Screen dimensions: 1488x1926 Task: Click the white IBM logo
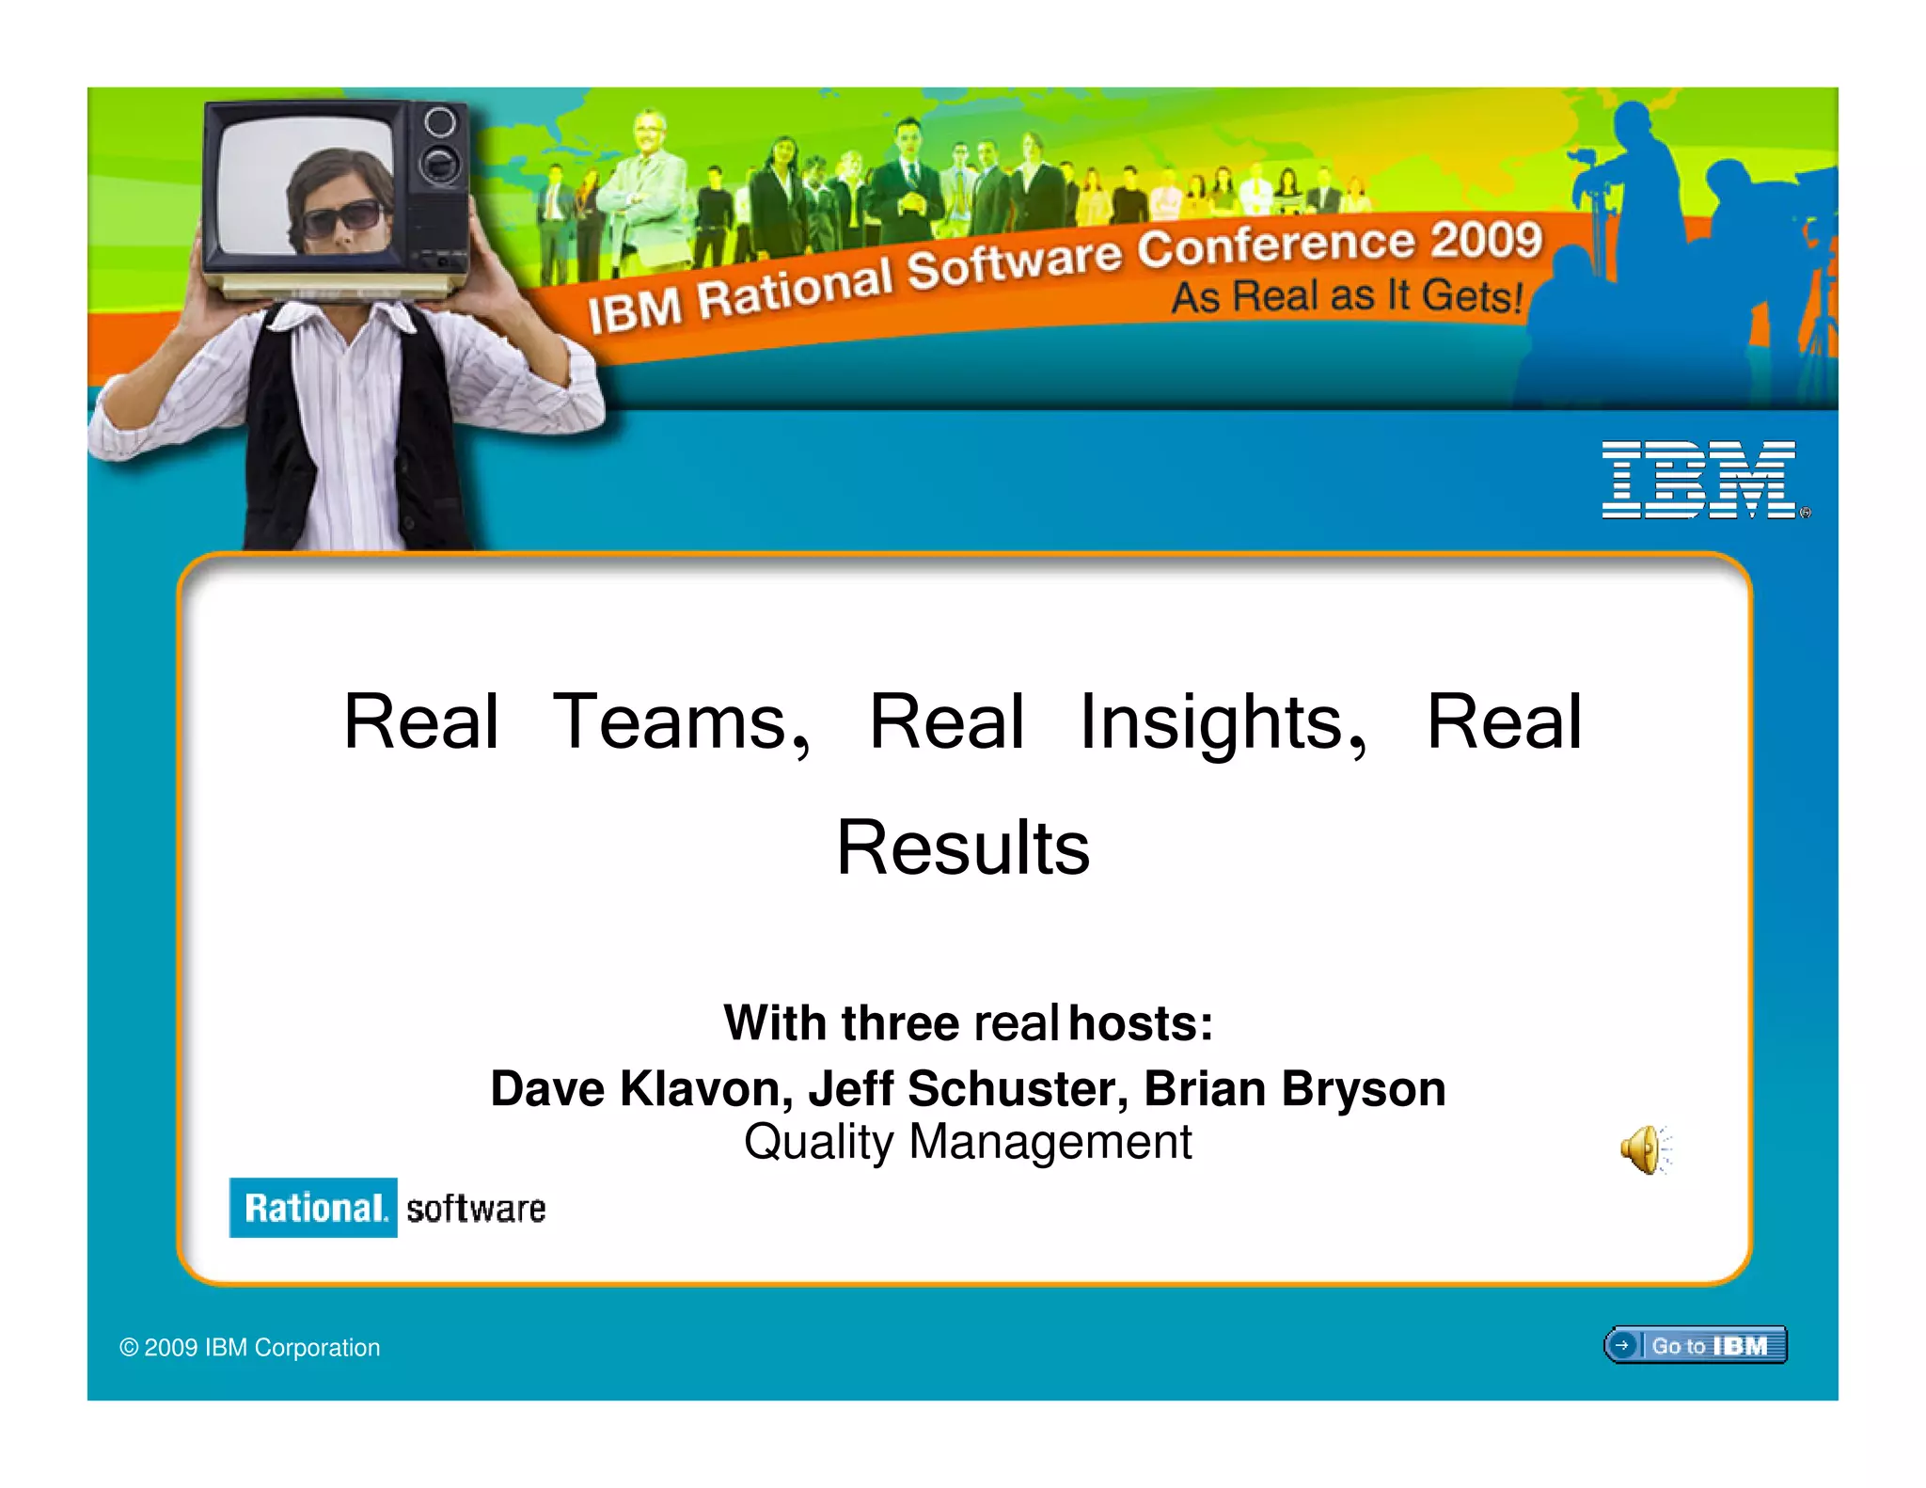point(1699,480)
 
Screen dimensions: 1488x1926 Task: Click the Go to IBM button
point(1695,1345)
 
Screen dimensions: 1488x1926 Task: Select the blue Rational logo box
point(313,1208)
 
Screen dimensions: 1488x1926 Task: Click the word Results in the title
point(963,847)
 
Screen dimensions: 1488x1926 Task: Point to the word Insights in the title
point(1222,722)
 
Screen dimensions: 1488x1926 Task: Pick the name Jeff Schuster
point(968,1089)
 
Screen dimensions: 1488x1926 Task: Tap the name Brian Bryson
point(1294,1089)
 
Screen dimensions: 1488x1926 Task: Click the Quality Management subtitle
point(967,1143)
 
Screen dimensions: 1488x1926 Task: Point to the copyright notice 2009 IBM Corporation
point(250,1348)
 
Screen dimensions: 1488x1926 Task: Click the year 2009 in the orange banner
point(1487,240)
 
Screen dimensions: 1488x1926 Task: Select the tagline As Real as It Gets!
point(1346,296)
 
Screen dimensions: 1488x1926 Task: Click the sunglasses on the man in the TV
point(341,218)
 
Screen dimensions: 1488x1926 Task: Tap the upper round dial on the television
point(439,121)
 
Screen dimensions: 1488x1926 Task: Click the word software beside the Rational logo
point(476,1209)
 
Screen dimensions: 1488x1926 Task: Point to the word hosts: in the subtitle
point(1141,1023)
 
